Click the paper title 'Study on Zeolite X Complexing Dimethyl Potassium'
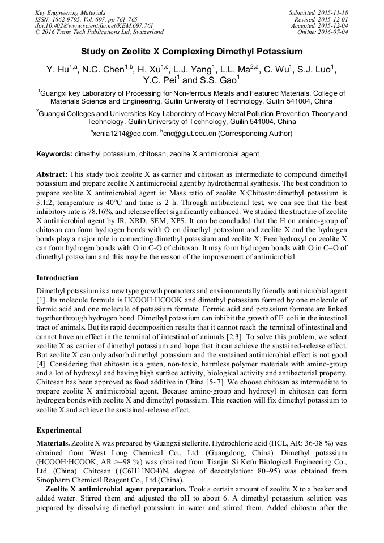coord(191,52)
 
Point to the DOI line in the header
coord(94,25)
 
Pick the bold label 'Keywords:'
coord(54,154)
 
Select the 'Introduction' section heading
coord(57,278)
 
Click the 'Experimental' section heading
coord(58,430)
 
